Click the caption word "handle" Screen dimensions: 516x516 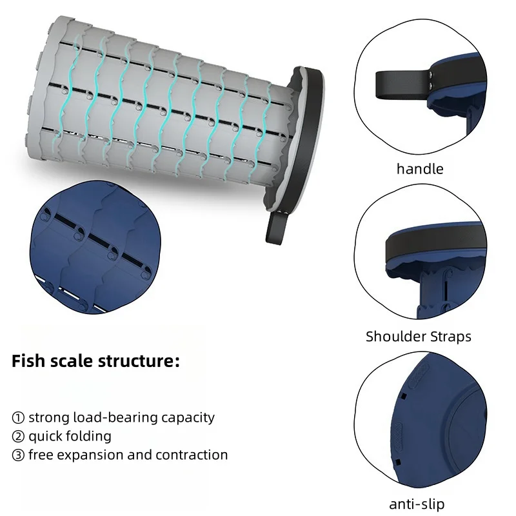point(420,169)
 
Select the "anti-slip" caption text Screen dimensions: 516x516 point(417,504)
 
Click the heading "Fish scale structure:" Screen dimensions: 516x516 point(95,361)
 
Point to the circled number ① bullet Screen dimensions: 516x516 point(18,418)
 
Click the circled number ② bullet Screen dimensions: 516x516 point(18,437)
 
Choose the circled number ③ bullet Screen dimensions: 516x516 point(18,455)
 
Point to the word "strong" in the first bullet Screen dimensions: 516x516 point(48,418)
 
